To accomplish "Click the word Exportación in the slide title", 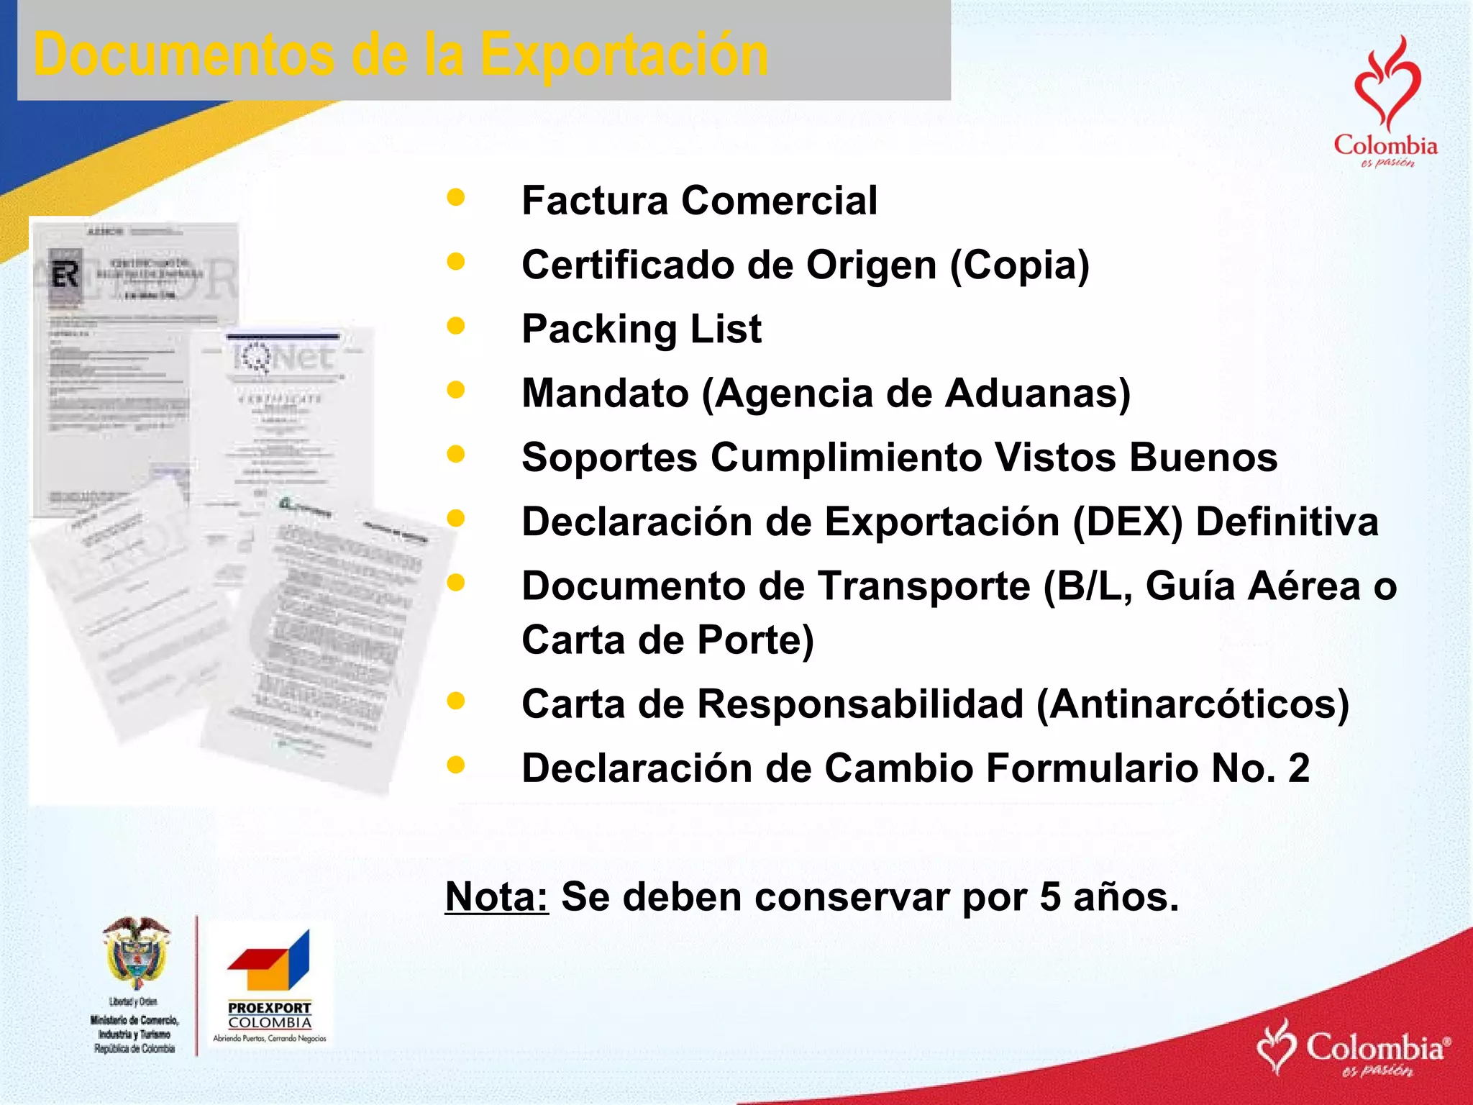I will pos(624,55).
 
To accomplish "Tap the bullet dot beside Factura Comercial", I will pos(456,198).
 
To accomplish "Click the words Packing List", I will pos(641,329).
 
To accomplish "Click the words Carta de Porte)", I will pos(667,640).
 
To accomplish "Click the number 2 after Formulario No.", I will pos(1299,768).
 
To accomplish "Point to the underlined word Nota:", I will pos(496,897).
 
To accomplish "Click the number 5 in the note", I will pos(1050,897).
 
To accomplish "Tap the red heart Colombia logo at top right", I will pos(1386,101).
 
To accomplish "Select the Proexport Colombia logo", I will pos(270,986).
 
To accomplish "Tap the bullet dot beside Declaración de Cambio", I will pos(456,765).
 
